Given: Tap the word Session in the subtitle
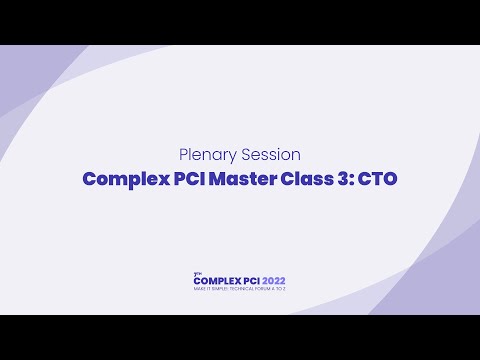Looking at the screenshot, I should (268, 155).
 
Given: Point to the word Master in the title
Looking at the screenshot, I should (244, 180).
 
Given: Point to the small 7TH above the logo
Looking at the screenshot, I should (196, 273).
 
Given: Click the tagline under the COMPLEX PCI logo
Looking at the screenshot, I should (240, 289).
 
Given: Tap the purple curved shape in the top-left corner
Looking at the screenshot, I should (25, 80).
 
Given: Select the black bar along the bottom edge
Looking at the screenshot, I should (240, 337).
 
